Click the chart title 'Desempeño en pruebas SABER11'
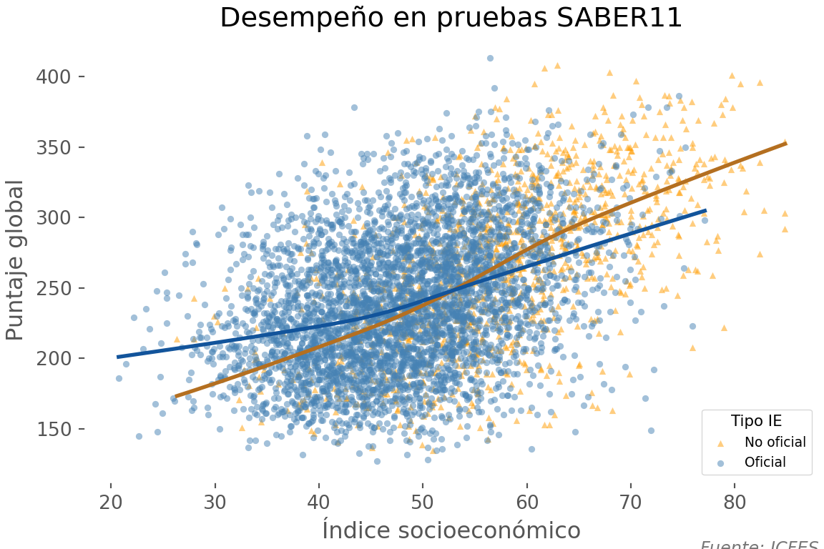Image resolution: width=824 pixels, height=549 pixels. point(451,18)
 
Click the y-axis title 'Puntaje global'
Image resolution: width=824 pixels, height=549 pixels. point(16,260)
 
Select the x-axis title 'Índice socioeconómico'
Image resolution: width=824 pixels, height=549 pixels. point(451,530)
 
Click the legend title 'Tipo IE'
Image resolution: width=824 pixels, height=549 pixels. point(756,421)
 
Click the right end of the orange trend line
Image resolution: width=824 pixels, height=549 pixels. point(785,143)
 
